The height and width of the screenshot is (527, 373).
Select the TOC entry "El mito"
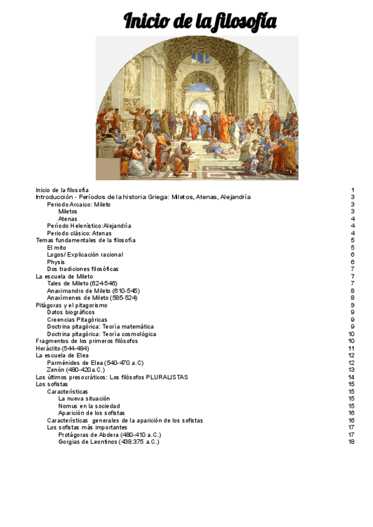(57, 247)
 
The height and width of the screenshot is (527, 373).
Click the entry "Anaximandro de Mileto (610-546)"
(93, 291)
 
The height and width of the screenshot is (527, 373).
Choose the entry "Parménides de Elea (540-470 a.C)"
(95, 362)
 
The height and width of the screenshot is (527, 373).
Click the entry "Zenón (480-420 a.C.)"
(76, 370)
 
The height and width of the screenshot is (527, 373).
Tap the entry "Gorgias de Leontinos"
(109, 442)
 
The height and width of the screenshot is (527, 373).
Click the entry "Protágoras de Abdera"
(109, 435)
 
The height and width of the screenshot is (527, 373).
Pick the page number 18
(351, 442)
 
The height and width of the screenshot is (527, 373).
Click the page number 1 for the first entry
(352, 190)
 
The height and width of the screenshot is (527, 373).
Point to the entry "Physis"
(56, 262)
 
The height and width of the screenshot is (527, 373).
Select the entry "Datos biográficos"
(71, 312)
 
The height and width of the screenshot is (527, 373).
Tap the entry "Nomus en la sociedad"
(89, 406)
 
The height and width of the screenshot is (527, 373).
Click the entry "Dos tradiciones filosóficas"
(83, 269)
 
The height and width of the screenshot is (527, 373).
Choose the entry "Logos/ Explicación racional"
(85, 255)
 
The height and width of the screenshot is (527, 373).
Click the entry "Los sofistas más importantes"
(87, 428)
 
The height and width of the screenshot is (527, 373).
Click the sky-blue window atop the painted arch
(200, 59)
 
